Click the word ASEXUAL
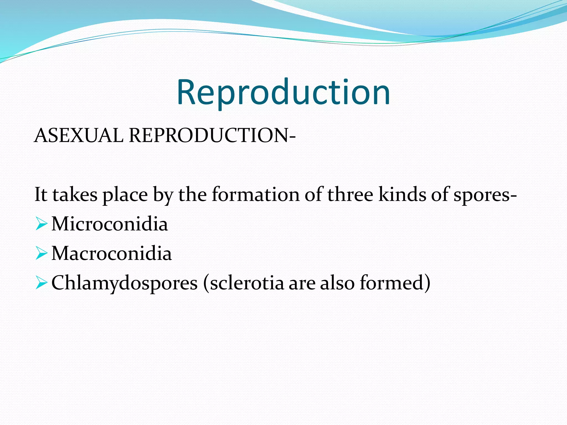coord(79,136)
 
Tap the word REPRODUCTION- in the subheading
coord(212,136)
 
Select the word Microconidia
coord(110,224)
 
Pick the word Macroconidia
coord(112,253)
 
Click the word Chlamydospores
coord(125,283)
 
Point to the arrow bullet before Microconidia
coord(42,224)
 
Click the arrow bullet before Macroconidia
coord(42,253)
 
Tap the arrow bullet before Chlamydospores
coord(42,283)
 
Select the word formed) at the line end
coord(395,283)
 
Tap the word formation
coord(256,195)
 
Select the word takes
coord(75,195)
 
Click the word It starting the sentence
coord(41,195)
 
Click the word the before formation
coord(192,195)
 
